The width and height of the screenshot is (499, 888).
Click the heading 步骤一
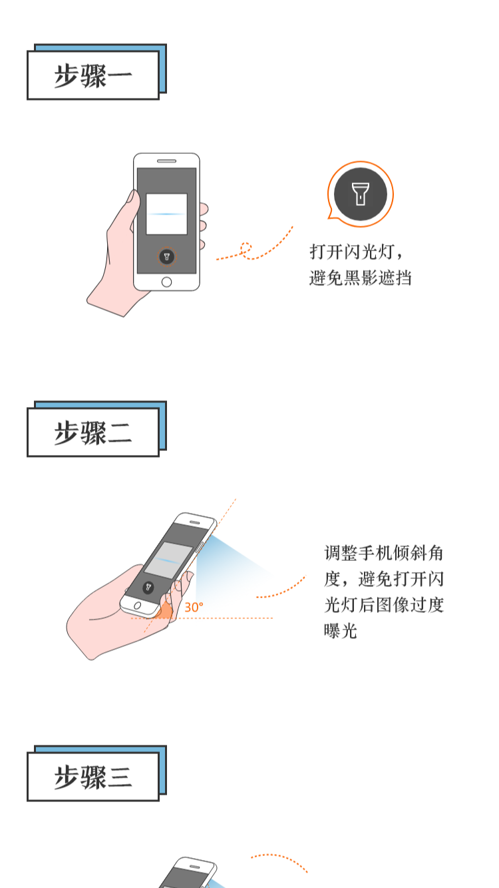[x=92, y=75]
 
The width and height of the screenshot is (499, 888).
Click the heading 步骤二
[x=92, y=432]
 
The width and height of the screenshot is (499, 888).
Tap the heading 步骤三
[x=92, y=777]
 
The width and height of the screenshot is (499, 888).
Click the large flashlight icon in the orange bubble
[x=360, y=194]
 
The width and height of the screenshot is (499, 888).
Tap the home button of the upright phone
[x=166, y=282]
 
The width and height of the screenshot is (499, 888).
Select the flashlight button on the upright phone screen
[x=166, y=256]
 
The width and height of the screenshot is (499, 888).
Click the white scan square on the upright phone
[x=166, y=214]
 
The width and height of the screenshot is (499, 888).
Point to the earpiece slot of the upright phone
[x=166, y=161]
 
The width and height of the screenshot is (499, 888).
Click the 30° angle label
[x=194, y=607]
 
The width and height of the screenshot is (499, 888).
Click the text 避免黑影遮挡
[x=360, y=277]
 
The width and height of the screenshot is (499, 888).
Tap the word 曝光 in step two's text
[x=341, y=631]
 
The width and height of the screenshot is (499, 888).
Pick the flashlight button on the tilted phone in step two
[x=148, y=587]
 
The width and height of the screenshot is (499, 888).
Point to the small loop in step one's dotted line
[x=246, y=248]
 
